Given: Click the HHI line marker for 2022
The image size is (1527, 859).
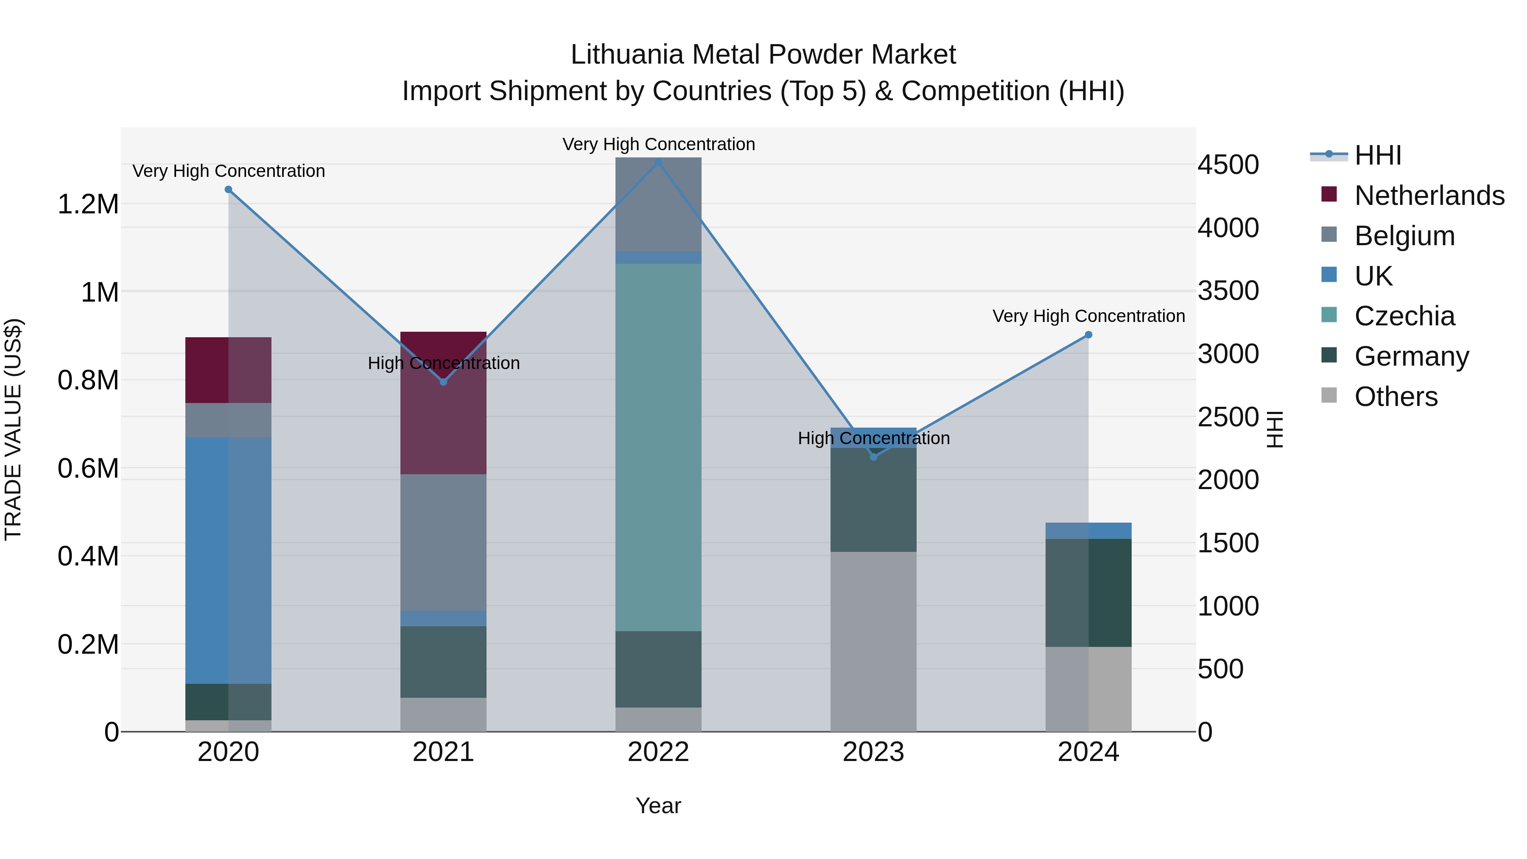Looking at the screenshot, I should tap(658, 162).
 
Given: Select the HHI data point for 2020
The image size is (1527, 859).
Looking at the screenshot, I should tap(228, 190).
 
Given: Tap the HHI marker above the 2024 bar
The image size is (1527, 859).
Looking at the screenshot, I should tap(1088, 335).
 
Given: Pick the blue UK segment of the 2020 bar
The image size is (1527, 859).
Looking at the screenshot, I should tap(228, 560).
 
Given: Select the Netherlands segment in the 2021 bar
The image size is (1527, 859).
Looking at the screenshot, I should tap(443, 415).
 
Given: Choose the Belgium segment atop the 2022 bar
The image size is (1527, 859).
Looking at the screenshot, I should tap(658, 204).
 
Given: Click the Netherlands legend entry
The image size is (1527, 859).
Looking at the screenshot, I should tap(1429, 196).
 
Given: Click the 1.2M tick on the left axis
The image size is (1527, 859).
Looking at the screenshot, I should tap(88, 204).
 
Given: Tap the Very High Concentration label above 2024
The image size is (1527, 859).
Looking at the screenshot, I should tap(1088, 316).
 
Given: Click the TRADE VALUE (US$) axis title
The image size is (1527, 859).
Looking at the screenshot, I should tap(13, 429).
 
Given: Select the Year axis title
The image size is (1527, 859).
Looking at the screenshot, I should tap(658, 806).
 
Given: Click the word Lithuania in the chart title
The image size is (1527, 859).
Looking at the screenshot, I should tap(627, 55).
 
